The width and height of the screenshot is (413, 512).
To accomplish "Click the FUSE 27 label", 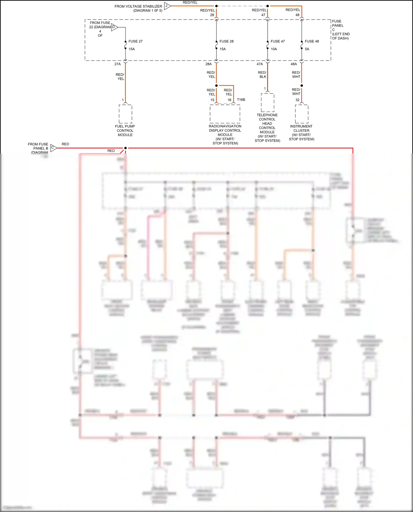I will [135, 41].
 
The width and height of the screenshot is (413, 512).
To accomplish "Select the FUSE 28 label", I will [226, 41].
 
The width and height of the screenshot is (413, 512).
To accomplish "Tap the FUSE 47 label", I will [278, 41].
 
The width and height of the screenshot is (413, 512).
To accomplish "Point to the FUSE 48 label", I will [312, 41].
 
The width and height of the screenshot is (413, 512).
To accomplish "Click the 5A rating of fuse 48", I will [307, 49].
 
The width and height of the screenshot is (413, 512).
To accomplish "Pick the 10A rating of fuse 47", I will [274, 49].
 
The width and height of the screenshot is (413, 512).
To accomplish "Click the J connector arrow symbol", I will [167, 6].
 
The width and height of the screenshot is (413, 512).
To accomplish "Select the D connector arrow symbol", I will [114, 27].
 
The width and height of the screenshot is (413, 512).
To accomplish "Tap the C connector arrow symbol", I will [53, 148].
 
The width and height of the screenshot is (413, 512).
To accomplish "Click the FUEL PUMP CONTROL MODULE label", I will [125, 131].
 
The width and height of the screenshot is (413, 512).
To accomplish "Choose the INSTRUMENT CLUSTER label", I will [301, 128].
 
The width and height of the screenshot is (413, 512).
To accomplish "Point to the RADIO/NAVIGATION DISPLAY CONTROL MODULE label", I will [225, 130].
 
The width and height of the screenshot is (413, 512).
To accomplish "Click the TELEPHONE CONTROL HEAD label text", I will [267, 119].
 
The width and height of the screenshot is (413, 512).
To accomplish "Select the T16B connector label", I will [241, 100].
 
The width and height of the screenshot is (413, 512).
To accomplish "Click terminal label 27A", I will [118, 64].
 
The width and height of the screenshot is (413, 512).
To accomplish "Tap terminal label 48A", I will [294, 64].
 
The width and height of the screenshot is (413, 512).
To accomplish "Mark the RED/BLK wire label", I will [262, 75].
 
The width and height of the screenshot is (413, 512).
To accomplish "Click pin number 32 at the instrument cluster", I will [297, 100].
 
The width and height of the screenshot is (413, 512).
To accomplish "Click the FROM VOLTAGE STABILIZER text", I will [138, 6].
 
